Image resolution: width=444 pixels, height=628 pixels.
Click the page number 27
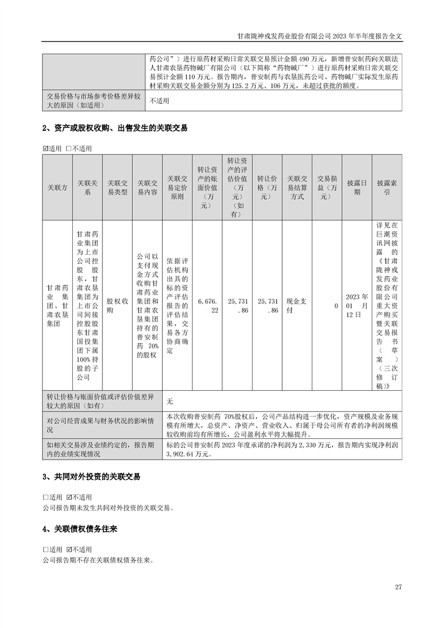pos(399,587)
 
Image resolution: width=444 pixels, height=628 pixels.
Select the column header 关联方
pos(57,188)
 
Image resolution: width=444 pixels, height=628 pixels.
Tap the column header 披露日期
pos(357,188)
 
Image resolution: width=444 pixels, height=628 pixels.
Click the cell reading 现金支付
pos(297,305)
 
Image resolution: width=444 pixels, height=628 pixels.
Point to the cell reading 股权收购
pos(117,305)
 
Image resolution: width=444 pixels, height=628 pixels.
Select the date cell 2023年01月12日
pos(357,305)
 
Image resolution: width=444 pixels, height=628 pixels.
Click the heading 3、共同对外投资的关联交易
pos(91,477)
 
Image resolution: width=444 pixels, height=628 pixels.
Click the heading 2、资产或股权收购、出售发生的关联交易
pos(115,128)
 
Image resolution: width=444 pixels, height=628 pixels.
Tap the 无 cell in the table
pos(170,401)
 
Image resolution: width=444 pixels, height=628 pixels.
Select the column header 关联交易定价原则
pos(177,188)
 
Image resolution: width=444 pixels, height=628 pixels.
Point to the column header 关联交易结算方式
pos(297,188)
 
